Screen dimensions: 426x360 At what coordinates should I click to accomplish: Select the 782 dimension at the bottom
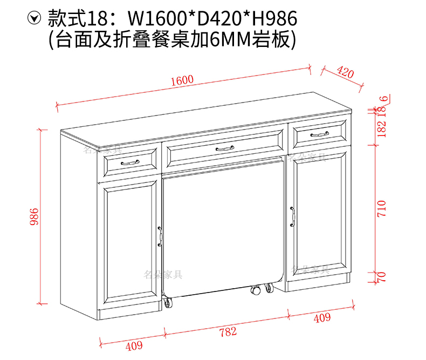pyautogui.click(x=228, y=332)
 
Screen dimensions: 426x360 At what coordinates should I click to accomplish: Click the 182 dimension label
pyautogui.click(x=382, y=130)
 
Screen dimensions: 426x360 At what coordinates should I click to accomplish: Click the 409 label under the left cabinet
pyautogui.click(x=134, y=346)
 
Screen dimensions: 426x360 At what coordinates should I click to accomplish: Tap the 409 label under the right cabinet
pyautogui.click(x=322, y=318)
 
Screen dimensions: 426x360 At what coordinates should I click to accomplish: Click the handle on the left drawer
pyautogui.click(x=130, y=162)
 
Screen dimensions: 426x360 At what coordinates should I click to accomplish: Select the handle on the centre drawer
pyautogui.click(x=224, y=148)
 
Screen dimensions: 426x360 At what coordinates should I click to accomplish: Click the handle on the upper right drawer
pyautogui.click(x=319, y=133)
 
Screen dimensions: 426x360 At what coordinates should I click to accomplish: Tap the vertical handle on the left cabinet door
pyautogui.click(x=160, y=235)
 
